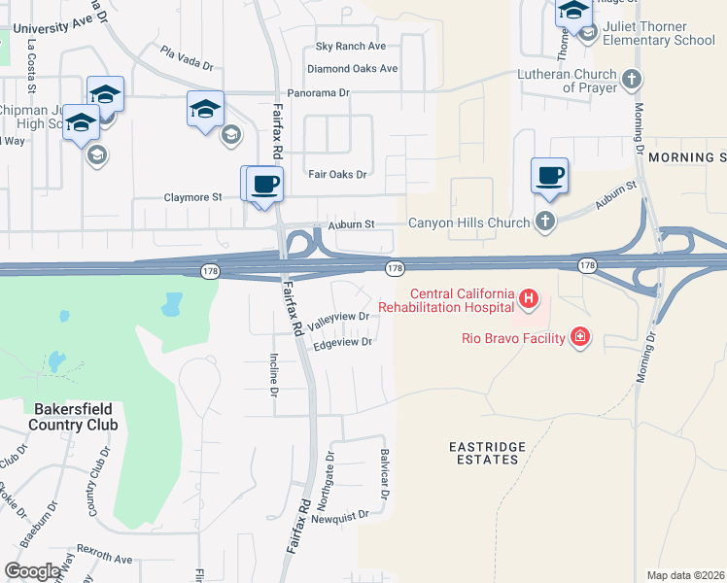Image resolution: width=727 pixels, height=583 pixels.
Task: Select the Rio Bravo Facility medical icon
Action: coord(580,337)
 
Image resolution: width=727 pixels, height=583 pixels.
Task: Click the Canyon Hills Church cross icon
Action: coord(545,223)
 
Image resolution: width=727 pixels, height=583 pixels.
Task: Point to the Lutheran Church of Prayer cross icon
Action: coord(632,80)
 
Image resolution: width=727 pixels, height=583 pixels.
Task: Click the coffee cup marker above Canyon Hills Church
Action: coord(550,175)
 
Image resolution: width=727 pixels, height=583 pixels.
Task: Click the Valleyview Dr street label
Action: coord(339,317)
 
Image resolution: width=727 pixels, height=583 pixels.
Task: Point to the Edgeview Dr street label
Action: coord(342,342)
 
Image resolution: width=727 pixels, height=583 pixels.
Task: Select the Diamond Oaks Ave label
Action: coord(352,69)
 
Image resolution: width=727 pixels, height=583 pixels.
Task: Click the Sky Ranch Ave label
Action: coord(351,46)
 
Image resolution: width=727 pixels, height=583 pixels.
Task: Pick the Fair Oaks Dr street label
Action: coord(337,175)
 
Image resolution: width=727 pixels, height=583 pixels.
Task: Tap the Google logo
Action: coord(33,571)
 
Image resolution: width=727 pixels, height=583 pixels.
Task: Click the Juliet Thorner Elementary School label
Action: coord(658,34)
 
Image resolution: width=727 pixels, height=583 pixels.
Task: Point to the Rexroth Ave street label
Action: coord(104,560)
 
